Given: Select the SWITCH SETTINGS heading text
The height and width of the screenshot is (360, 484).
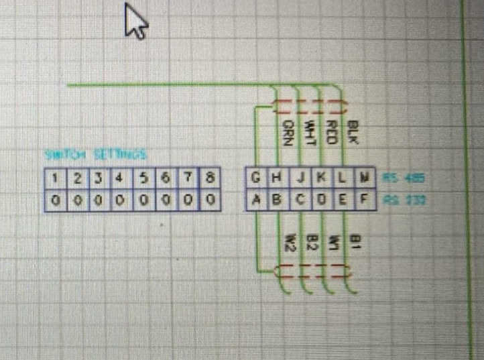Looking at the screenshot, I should pos(95,155).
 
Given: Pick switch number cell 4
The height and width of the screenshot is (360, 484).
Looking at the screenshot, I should pos(119,178).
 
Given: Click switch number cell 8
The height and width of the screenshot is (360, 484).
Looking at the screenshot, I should pos(210,178).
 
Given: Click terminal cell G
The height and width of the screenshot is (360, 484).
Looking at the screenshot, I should pos(255,178).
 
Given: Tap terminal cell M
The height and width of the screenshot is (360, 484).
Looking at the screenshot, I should pos(365,178).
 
